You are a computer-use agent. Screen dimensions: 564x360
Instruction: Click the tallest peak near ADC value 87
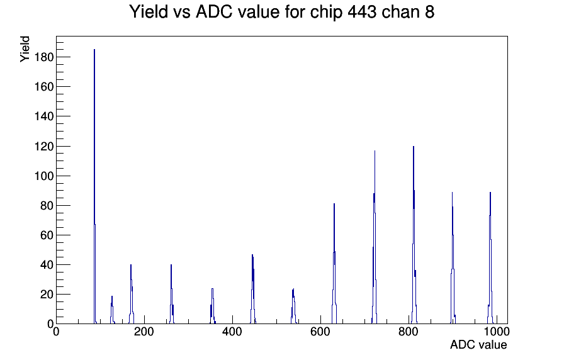(94, 187)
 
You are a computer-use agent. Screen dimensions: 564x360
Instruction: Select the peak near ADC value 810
(414, 237)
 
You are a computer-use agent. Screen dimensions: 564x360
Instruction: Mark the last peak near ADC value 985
(490, 259)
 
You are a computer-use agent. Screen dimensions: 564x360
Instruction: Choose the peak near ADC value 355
(213, 307)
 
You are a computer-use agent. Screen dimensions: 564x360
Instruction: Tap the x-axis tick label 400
(232, 332)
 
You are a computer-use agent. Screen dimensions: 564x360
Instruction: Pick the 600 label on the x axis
(320, 332)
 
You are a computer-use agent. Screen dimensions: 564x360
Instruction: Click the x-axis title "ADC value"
(478, 345)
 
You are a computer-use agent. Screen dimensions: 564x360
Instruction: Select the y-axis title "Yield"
(25, 49)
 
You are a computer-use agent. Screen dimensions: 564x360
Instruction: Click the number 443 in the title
(362, 12)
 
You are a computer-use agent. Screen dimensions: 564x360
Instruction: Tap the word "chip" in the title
(326, 13)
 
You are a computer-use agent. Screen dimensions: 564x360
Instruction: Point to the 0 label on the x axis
(56, 332)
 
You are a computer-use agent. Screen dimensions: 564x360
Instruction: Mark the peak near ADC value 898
(453, 259)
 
